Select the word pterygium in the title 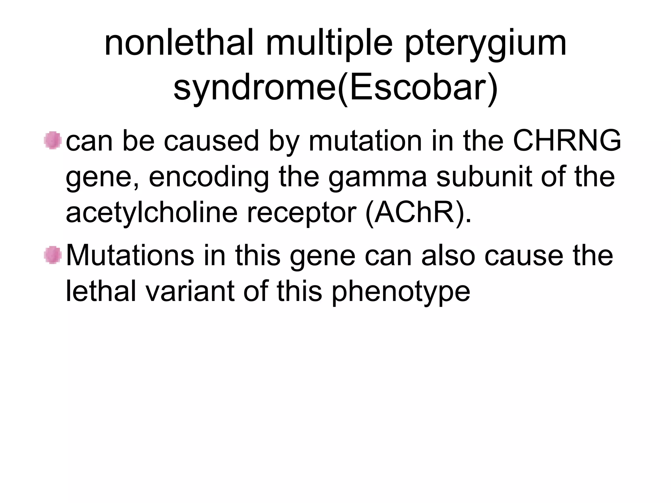(x=486, y=44)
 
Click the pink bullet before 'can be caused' (x=53, y=140)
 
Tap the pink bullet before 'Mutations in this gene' (x=53, y=255)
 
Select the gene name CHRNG (x=567, y=140)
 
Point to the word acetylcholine (x=151, y=213)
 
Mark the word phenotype (x=400, y=291)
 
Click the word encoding (x=209, y=177)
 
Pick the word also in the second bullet (x=448, y=255)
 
